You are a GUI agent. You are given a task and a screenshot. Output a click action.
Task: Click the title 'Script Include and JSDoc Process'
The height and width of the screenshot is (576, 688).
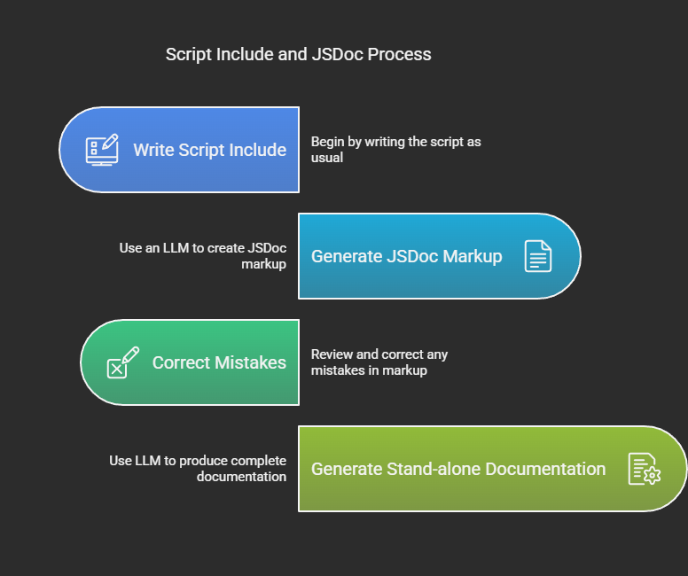click(x=298, y=54)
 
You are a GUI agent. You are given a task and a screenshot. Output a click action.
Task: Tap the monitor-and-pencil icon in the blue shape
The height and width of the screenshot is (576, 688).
click(x=101, y=149)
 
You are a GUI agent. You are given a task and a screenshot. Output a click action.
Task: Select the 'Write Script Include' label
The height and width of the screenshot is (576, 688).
click(x=209, y=150)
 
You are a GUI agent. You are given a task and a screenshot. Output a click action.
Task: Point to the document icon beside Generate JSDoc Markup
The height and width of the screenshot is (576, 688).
click(x=538, y=256)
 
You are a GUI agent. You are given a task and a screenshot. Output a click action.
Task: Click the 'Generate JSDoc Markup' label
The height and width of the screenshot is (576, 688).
click(x=406, y=256)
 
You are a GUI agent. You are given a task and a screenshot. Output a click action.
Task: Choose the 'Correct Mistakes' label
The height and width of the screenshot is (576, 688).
click(x=219, y=362)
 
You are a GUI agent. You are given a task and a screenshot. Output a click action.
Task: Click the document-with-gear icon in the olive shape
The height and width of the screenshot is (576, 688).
click(x=645, y=469)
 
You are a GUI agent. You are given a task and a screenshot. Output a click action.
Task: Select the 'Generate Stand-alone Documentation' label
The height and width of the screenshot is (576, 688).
click(x=458, y=469)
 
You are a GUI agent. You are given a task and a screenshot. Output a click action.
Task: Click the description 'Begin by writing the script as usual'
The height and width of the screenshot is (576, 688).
click(x=395, y=150)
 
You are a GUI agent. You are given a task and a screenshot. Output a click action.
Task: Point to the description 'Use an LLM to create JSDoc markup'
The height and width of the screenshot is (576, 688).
click(x=203, y=256)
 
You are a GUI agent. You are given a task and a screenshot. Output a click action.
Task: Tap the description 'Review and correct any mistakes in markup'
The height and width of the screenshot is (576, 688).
click(x=379, y=362)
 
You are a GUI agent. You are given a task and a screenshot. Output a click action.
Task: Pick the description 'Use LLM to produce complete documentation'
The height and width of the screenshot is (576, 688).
click(x=198, y=469)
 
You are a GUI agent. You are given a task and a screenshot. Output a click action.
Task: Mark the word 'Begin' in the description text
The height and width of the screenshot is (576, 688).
click(x=327, y=142)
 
